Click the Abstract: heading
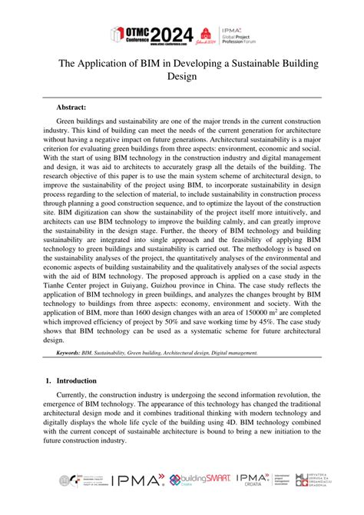point(71,108)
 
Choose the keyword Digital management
point(230,353)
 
